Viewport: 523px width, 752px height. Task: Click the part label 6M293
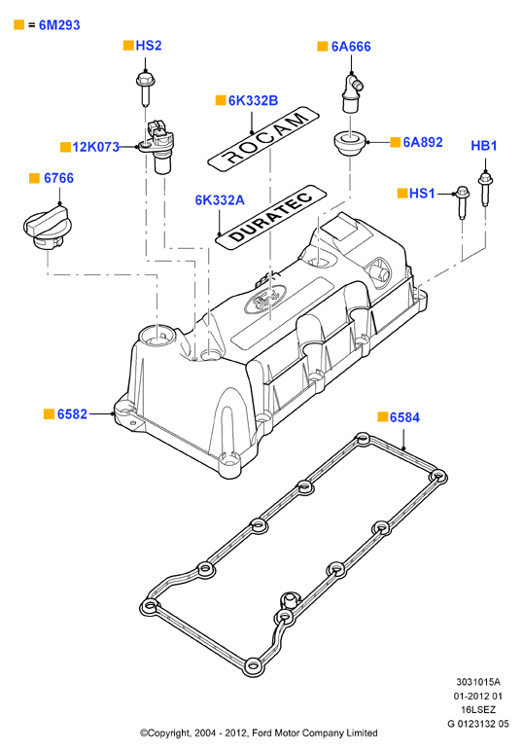click(x=59, y=25)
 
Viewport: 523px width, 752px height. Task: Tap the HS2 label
click(x=149, y=46)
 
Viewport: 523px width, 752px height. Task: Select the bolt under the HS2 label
click(x=144, y=89)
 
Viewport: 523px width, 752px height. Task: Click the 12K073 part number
click(x=95, y=147)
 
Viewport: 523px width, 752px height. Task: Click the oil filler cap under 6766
click(x=46, y=227)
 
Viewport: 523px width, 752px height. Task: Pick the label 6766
click(x=58, y=178)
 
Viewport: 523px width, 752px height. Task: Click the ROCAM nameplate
click(x=263, y=138)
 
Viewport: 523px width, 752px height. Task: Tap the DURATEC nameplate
click(x=271, y=217)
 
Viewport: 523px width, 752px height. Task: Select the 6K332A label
click(x=220, y=200)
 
